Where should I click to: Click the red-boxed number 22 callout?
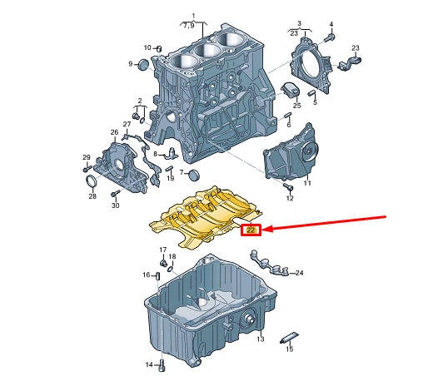251,230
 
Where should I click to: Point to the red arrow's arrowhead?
267,229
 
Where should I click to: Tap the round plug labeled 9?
143,65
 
